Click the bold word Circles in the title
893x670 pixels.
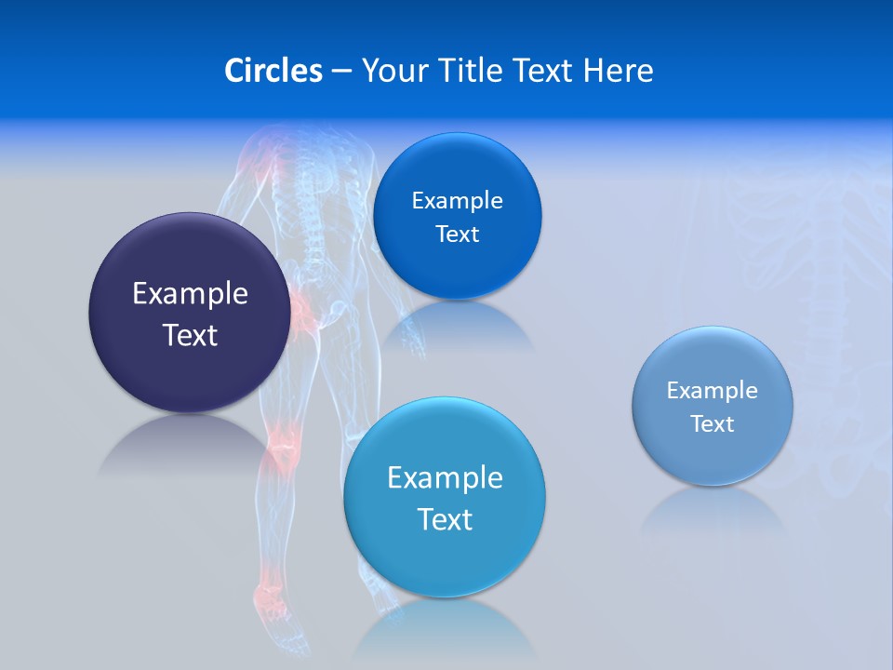click(273, 71)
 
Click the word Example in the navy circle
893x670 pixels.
click(190, 293)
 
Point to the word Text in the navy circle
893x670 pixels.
click(190, 335)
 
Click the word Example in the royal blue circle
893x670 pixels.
click(457, 200)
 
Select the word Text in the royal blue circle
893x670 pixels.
click(457, 234)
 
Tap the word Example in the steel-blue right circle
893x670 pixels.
click(712, 390)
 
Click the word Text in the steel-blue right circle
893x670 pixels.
click(712, 423)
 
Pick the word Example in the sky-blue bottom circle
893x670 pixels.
click(445, 477)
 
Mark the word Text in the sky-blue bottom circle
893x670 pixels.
click(445, 519)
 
